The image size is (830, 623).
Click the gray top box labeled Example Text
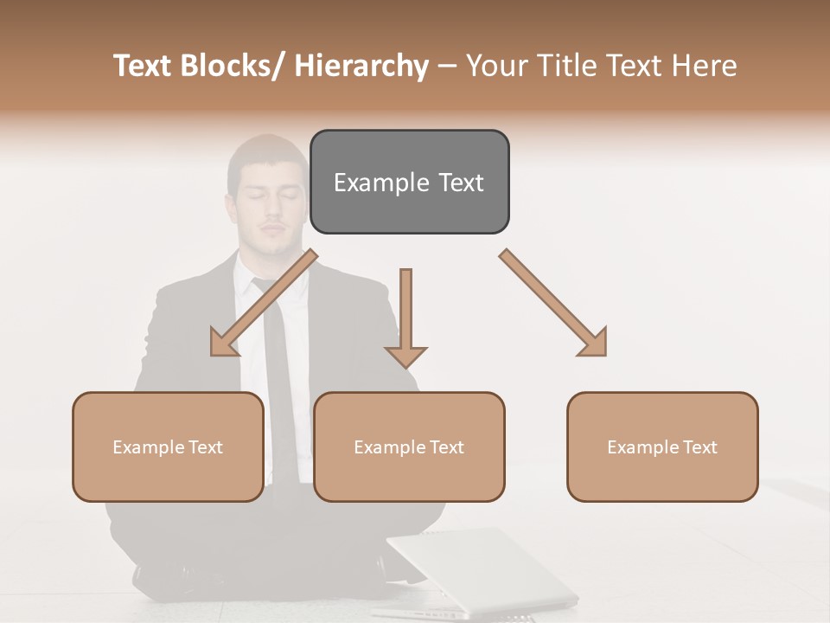click(x=409, y=182)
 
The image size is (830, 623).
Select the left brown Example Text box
click(x=168, y=446)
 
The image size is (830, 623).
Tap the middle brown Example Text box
click(x=409, y=446)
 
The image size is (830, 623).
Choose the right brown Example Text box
click(x=662, y=446)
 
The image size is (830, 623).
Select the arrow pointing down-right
click(x=554, y=304)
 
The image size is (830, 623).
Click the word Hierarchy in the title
click(x=361, y=66)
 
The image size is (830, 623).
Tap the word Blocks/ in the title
click(x=240, y=66)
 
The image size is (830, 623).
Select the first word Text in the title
click(x=145, y=66)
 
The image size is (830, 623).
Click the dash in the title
click(x=447, y=66)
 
